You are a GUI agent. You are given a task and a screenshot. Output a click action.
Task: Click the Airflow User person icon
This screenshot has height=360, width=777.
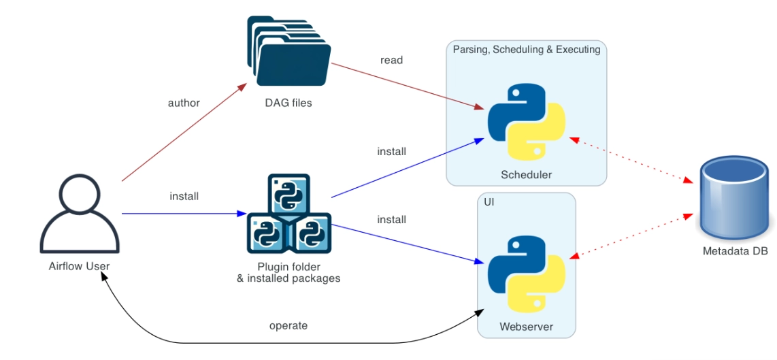pyautogui.click(x=80, y=214)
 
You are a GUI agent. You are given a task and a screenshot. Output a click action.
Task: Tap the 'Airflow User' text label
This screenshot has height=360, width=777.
pyautogui.click(x=80, y=266)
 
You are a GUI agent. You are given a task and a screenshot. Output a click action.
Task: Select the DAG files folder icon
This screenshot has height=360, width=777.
pyautogui.click(x=288, y=52)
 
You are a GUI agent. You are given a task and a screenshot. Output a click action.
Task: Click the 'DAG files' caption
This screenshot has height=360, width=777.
pyautogui.click(x=288, y=103)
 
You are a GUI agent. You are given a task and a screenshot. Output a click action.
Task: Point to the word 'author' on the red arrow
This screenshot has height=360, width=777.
pyautogui.click(x=184, y=103)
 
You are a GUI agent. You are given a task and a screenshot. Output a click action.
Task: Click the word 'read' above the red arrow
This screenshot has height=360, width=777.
pyautogui.click(x=391, y=60)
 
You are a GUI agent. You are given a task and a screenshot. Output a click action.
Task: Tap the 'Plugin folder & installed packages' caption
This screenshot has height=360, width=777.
pyautogui.click(x=288, y=272)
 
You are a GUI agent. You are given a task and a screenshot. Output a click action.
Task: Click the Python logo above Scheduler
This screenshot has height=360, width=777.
pyautogui.click(x=526, y=122)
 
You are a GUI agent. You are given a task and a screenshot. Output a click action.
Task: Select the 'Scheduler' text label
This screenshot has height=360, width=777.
pyautogui.click(x=526, y=175)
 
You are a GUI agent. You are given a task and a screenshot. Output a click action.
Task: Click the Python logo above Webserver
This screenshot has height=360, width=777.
pyautogui.click(x=526, y=273)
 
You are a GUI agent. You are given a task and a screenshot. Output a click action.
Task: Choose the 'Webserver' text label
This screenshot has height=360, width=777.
pyautogui.click(x=526, y=327)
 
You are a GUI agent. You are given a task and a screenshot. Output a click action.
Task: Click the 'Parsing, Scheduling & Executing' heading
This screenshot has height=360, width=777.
pyautogui.click(x=526, y=50)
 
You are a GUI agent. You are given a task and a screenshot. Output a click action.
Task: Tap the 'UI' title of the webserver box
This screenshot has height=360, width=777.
pyautogui.click(x=489, y=202)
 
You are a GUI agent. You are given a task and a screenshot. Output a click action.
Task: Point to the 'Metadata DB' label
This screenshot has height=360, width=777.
pyautogui.click(x=735, y=251)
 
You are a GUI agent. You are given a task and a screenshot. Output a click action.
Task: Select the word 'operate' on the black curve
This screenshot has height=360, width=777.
pyautogui.click(x=288, y=325)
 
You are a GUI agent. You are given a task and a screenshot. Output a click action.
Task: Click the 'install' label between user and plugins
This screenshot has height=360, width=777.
pyautogui.click(x=184, y=196)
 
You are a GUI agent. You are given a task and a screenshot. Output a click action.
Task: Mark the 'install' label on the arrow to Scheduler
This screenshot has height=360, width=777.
pyautogui.click(x=391, y=151)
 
